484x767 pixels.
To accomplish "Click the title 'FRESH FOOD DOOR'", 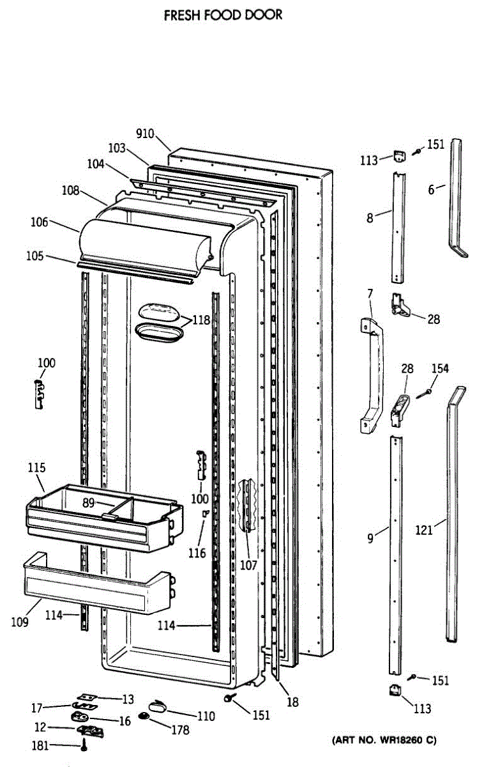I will (x=223, y=15).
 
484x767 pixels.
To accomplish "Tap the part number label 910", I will (x=145, y=134).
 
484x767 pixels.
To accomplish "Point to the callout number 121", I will (x=424, y=529).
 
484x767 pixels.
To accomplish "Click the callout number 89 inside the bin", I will (x=88, y=503).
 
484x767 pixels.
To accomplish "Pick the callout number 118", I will (x=201, y=320).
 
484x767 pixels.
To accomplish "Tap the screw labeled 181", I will (x=84, y=746).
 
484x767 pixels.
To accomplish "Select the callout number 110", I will (x=206, y=717).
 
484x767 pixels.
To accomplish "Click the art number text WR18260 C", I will (x=384, y=741).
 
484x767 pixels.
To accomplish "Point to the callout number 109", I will (x=19, y=621).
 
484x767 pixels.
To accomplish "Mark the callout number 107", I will (x=248, y=565).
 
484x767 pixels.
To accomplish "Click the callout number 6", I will (x=432, y=189).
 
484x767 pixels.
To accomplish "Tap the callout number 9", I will (x=370, y=538).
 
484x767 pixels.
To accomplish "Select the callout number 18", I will (x=292, y=702).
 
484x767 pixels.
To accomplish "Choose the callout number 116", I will (x=197, y=553).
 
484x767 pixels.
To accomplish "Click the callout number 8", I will (x=370, y=217).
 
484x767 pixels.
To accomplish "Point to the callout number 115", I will (x=36, y=468).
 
